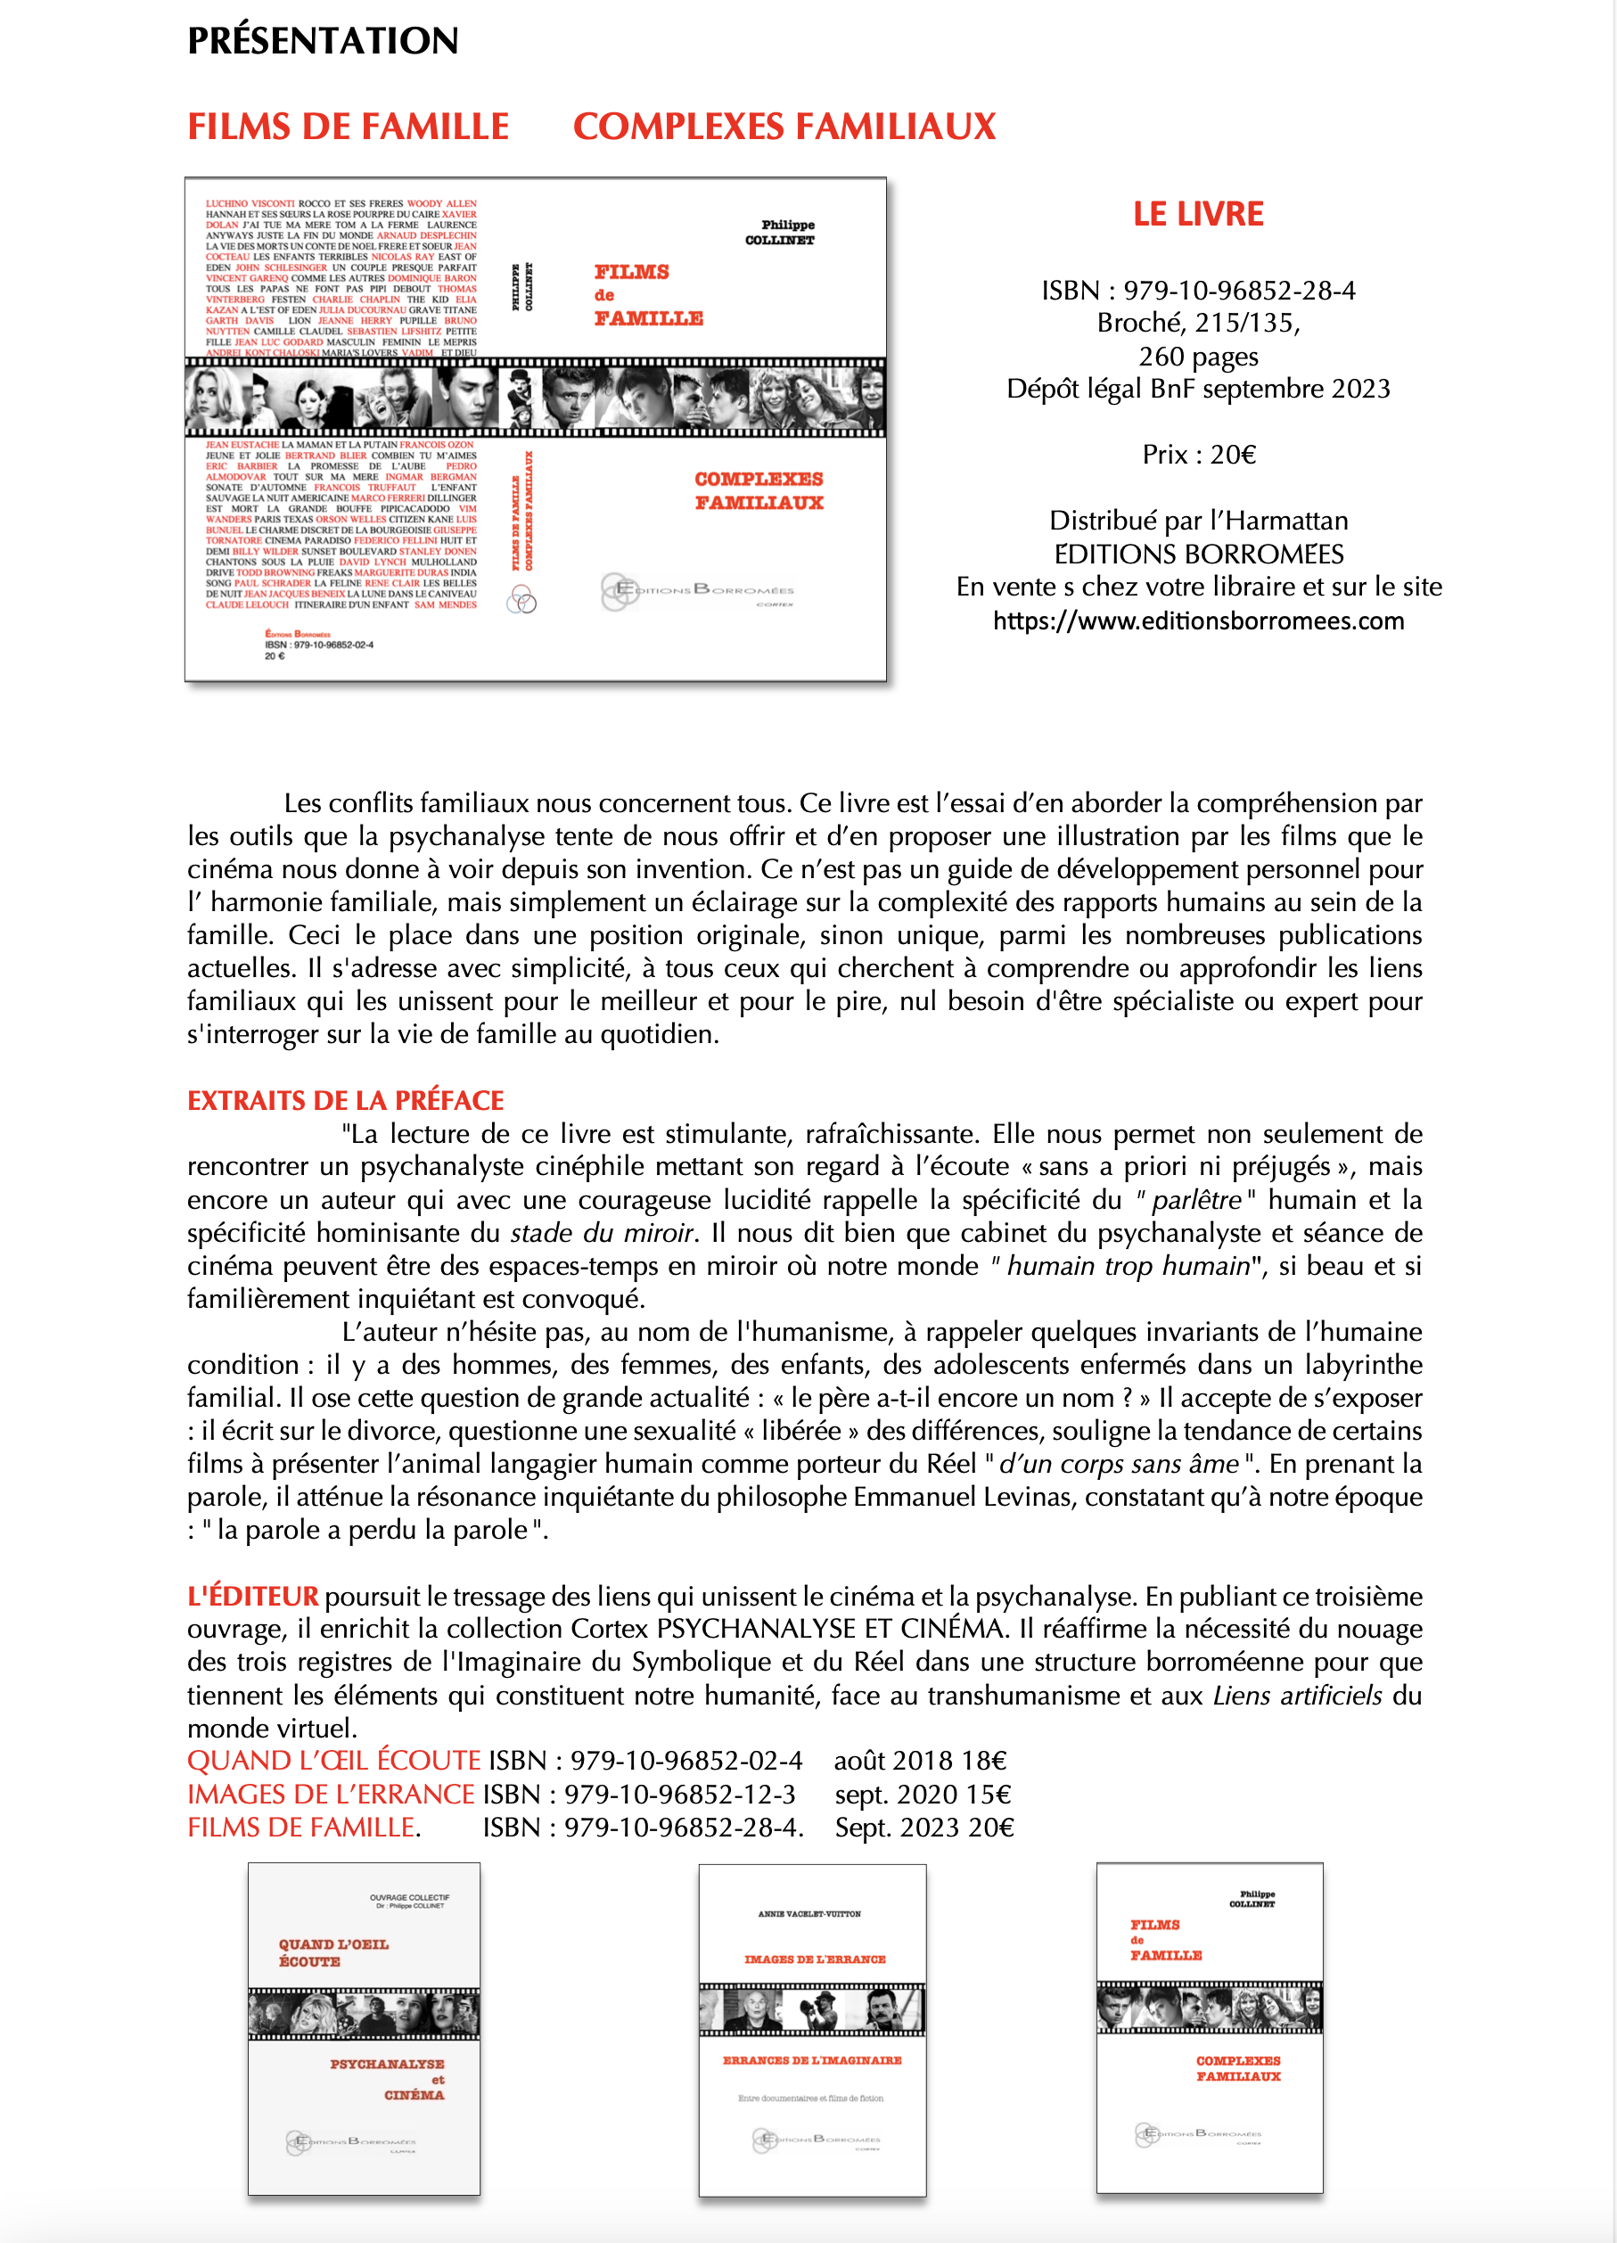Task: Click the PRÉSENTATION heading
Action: pyautogui.click(x=323, y=40)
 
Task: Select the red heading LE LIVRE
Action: pyautogui.click(x=1198, y=214)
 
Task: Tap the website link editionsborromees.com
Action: pyautogui.click(x=1198, y=621)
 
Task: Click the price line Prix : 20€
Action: pyautogui.click(x=1199, y=455)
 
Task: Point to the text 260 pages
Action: pyautogui.click(x=1198, y=356)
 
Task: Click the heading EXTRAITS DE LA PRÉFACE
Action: pyautogui.click(x=345, y=1101)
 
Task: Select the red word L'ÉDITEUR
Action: pyautogui.click(x=253, y=1596)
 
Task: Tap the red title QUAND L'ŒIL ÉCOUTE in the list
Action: pyautogui.click(x=334, y=1762)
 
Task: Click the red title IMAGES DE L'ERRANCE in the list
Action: pyautogui.click(x=332, y=1795)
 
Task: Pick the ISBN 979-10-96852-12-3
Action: pyautogui.click(x=638, y=1795)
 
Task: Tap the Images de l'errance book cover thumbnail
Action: pyautogui.click(x=812, y=2029)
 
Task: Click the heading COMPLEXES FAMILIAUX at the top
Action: pyautogui.click(x=784, y=127)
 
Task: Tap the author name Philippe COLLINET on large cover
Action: pyautogui.click(x=781, y=233)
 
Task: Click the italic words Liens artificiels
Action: pyautogui.click(x=1297, y=1697)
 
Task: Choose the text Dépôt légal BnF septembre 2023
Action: pyautogui.click(x=1198, y=389)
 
